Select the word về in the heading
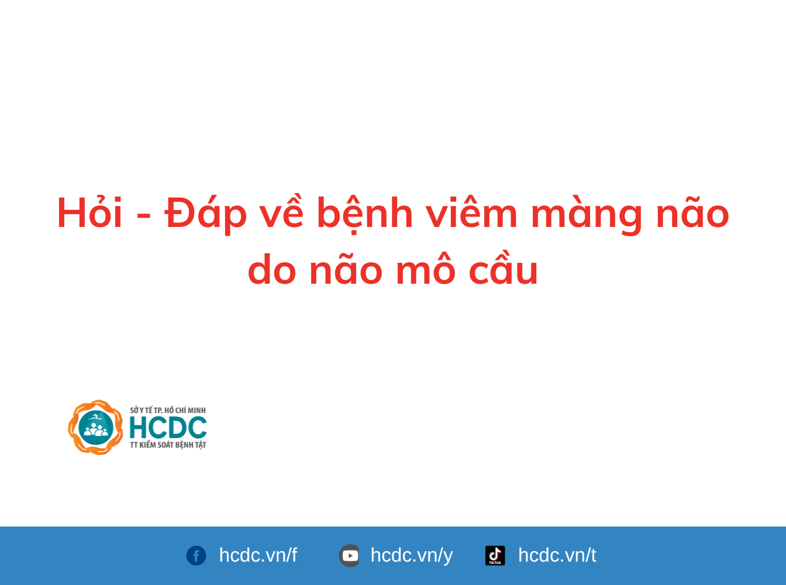point(281,213)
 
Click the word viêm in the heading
point(471,213)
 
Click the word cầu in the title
point(503,270)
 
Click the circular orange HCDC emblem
point(96,427)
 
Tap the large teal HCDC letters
point(168,428)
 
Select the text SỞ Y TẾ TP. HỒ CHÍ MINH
point(168,410)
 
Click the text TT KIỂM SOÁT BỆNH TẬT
point(168,445)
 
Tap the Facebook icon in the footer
point(196,555)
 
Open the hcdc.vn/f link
point(258,555)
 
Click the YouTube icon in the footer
point(350,555)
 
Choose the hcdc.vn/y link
point(412,555)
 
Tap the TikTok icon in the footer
point(495,555)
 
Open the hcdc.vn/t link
point(557,555)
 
